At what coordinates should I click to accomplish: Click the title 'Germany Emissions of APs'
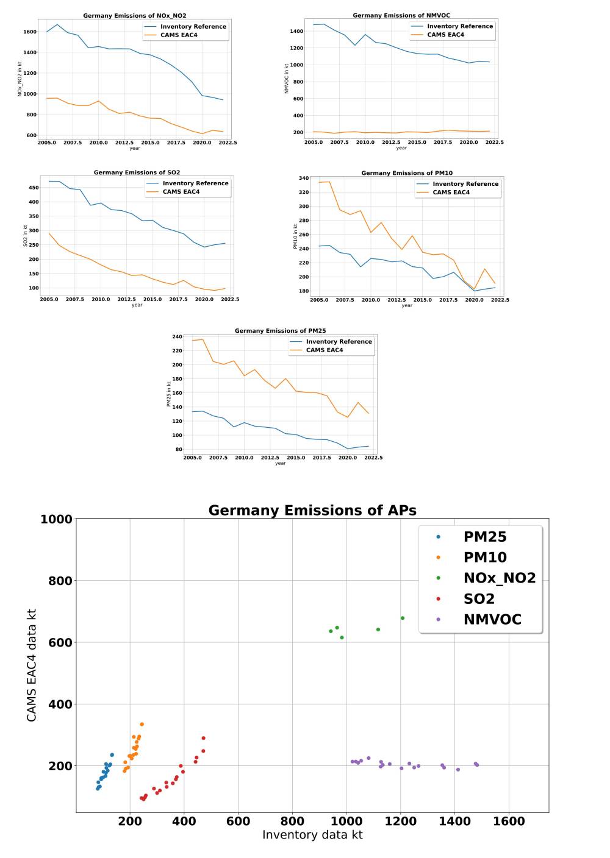[312, 510]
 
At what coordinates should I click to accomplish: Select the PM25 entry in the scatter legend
[484, 537]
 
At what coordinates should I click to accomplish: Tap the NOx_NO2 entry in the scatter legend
[499, 578]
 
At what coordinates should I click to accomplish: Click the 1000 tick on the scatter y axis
[56, 519]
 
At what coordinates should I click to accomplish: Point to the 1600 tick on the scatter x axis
[509, 821]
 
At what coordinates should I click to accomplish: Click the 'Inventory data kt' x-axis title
[312, 835]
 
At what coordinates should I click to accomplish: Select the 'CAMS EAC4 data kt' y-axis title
[32, 665]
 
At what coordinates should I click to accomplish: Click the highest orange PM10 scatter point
[142, 725]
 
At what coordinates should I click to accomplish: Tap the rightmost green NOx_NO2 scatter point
[403, 618]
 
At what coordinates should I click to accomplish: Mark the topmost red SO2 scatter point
[204, 738]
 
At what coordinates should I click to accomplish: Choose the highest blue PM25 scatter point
[112, 755]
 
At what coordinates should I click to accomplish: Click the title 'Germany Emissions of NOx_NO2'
[135, 16]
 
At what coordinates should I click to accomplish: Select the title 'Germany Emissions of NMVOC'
[401, 15]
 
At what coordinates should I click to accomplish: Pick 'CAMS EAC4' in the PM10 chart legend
[451, 193]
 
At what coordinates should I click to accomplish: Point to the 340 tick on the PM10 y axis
[304, 178]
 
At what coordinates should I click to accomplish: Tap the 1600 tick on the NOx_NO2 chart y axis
[29, 32]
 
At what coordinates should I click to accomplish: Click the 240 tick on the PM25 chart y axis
[177, 336]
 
